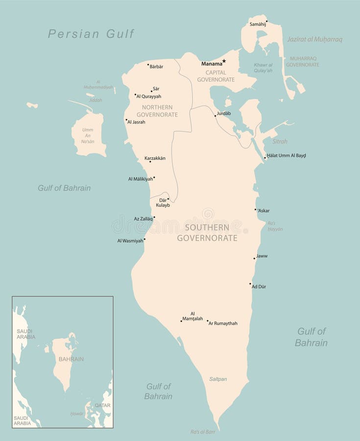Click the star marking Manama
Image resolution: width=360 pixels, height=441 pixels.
(224, 61)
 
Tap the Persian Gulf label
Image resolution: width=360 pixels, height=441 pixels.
(91, 34)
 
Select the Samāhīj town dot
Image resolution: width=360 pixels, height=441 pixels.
(266, 21)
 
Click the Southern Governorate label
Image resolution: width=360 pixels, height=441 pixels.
(207, 233)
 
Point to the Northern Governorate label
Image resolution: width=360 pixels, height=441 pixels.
(157, 111)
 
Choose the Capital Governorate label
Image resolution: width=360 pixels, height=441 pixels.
(216, 76)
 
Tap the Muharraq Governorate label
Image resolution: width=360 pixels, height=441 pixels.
(302, 61)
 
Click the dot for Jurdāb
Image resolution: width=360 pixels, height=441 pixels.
(215, 116)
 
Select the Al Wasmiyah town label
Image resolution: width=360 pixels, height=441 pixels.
(130, 241)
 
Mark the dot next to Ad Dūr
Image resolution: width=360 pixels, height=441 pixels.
(250, 284)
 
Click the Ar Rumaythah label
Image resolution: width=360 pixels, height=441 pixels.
(223, 323)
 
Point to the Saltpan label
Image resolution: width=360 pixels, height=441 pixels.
(218, 379)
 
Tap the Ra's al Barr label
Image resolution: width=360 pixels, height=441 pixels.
(203, 432)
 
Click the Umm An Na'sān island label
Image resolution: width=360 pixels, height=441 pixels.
(88, 136)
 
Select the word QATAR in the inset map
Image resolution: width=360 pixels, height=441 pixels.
(102, 405)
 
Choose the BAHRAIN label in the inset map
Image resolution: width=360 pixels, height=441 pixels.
(71, 359)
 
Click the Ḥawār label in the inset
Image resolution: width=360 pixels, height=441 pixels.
(77, 414)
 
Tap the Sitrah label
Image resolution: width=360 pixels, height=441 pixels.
(280, 141)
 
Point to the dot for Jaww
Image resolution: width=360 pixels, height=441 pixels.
(255, 258)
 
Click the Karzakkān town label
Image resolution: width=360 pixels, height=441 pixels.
(155, 158)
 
